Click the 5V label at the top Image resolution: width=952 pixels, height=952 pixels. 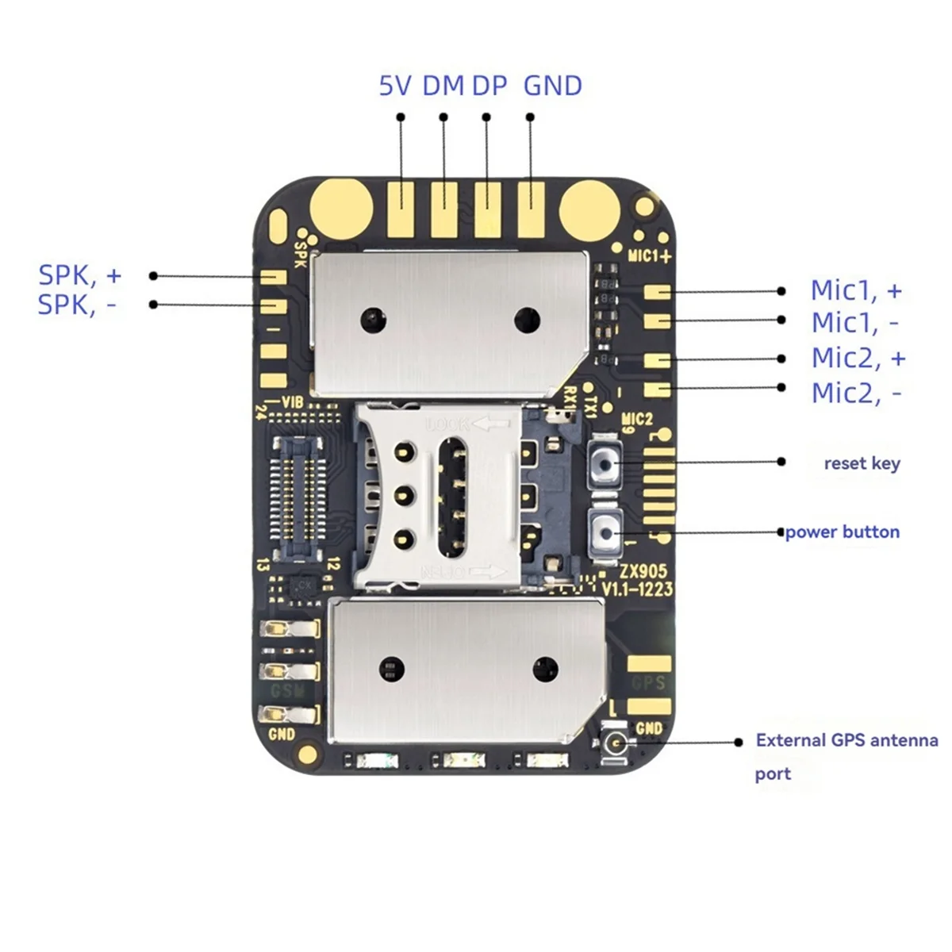(395, 86)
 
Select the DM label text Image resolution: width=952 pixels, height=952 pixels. (443, 86)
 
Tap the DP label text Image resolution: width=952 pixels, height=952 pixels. (489, 86)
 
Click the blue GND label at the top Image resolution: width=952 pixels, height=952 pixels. (553, 86)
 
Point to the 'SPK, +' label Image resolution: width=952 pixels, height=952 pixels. (79, 275)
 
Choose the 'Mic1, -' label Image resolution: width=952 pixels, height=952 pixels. (855, 323)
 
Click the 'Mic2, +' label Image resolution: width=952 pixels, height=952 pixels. (858, 358)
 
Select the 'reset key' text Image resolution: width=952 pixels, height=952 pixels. (862, 463)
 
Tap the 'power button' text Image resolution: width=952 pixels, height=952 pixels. (842, 532)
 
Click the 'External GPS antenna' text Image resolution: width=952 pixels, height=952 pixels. (846, 740)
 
